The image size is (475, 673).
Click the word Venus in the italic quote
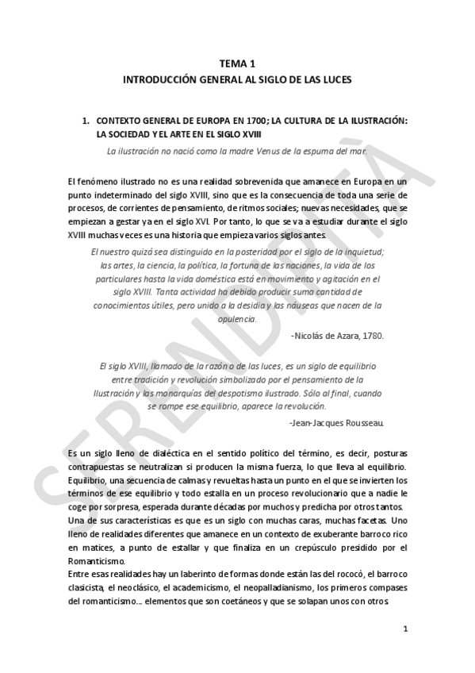coord(292,150)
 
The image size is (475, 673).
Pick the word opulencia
coord(237,318)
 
